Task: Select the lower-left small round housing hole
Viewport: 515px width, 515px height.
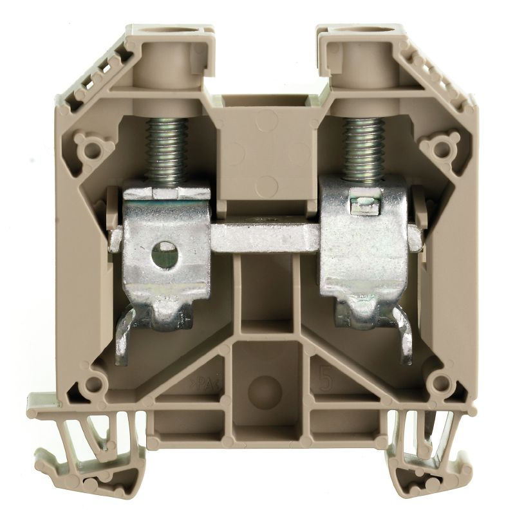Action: (94, 385)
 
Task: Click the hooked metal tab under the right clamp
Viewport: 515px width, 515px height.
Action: (402, 335)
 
